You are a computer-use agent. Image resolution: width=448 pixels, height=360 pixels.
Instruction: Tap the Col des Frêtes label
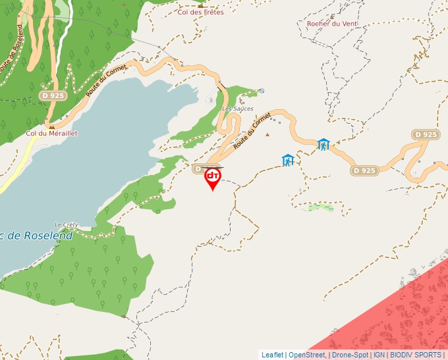[x=201, y=12]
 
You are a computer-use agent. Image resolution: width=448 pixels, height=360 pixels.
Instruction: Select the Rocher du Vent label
[x=332, y=24]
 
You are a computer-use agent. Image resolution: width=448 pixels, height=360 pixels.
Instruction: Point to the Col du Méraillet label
[x=51, y=133]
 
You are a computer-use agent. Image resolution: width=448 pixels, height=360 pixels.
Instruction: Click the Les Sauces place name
[x=237, y=109]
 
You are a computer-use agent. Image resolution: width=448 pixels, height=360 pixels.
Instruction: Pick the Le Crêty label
[x=66, y=224]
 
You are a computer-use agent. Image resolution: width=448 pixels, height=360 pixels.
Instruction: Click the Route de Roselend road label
[x=12, y=49]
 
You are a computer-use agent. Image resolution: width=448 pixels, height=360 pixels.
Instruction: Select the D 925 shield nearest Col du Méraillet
[x=53, y=95]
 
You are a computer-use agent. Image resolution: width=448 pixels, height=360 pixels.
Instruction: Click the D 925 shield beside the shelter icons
[x=364, y=170]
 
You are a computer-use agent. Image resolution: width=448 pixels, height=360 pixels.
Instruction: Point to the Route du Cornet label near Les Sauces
[x=252, y=130]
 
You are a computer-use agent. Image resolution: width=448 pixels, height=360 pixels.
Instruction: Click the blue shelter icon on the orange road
[x=323, y=144]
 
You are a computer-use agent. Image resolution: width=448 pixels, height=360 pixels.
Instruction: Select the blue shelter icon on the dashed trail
[x=287, y=160]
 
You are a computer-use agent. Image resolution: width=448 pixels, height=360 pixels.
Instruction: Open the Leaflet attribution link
[x=272, y=355]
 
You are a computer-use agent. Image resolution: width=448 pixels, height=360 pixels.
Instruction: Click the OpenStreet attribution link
[x=307, y=355]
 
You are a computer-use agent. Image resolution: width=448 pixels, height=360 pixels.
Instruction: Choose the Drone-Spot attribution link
[x=350, y=355]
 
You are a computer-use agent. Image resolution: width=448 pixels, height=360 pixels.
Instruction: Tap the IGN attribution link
[x=379, y=355]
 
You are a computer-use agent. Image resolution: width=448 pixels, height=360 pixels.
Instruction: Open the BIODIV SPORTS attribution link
[x=416, y=355]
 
